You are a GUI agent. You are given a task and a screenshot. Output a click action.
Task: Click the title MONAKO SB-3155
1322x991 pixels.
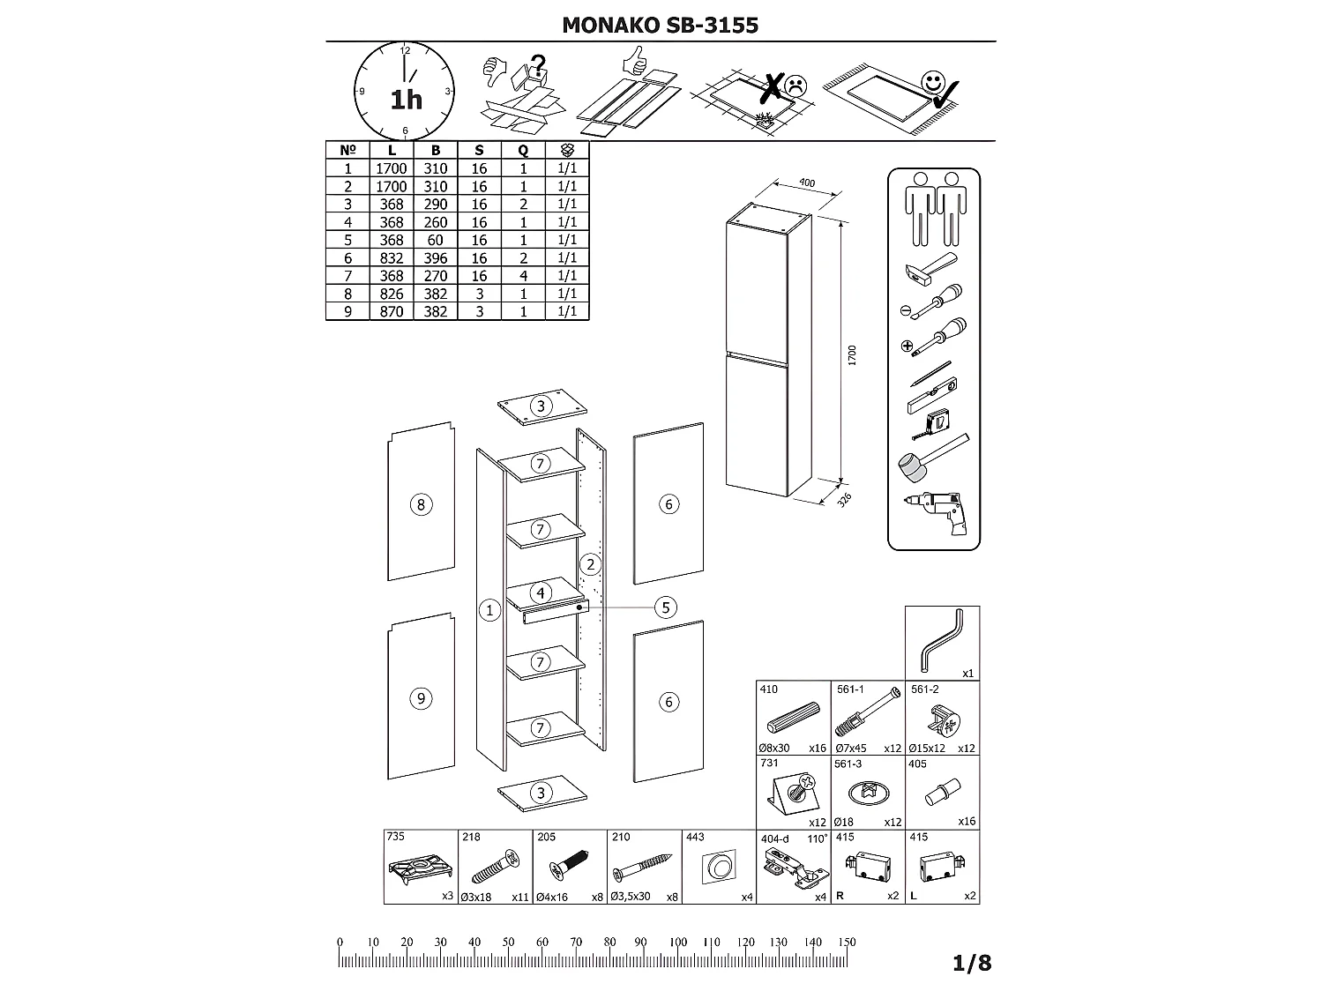(660, 25)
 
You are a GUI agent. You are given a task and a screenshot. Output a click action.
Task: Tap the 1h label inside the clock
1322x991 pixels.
(407, 100)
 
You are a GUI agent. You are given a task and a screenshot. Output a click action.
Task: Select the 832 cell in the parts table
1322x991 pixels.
(392, 257)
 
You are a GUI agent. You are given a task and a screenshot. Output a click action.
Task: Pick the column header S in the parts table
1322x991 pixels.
(479, 151)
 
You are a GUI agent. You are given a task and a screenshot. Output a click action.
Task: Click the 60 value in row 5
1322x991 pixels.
(436, 240)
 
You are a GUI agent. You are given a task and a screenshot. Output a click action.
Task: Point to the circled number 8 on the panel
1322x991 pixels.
(421, 504)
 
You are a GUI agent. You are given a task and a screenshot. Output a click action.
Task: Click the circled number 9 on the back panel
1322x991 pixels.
(421, 698)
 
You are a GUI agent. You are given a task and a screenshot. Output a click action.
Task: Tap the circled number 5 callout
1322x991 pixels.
(666, 607)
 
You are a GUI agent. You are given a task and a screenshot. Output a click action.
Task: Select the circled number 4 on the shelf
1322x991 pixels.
(541, 592)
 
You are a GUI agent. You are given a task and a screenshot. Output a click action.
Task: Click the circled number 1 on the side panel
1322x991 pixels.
(489, 609)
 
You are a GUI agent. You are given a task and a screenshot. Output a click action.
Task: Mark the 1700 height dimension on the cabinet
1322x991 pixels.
(852, 355)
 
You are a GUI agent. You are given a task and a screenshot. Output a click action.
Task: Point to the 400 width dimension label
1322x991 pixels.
(806, 183)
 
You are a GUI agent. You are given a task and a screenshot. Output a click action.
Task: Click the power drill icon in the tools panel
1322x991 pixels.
(936, 510)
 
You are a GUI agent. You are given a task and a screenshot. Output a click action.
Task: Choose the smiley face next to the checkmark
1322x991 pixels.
(930, 84)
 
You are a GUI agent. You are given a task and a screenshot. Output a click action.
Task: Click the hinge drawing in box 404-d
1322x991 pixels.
(793, 865)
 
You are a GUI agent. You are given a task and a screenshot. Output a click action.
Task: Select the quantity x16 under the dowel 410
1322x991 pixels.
(818, 748)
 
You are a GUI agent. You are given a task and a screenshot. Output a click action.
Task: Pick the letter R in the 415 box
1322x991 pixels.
(840, 896)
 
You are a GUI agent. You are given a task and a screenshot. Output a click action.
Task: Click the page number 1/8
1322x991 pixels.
(972, 963)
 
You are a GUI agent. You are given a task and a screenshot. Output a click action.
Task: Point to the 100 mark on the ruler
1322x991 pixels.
(677, 942)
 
